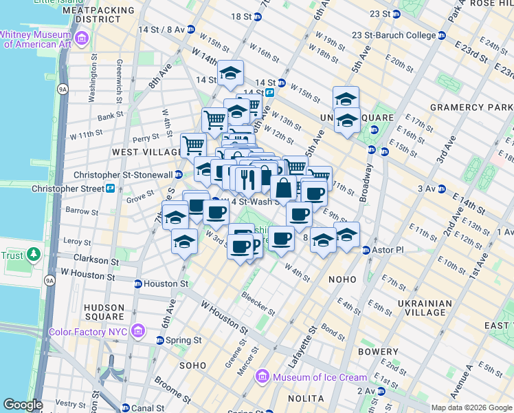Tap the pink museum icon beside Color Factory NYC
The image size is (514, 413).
point(138,332)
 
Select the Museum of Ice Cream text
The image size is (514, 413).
point(320,377)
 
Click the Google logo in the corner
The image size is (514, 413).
point(23,405)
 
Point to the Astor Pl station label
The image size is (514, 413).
point(385,250)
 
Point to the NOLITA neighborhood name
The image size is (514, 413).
point(306,399)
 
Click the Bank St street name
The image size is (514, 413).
point(110,117)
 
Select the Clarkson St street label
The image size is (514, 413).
point(91,260)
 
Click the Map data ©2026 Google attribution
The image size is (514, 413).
point(471,407)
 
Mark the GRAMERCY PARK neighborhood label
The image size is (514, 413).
point(471,107)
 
